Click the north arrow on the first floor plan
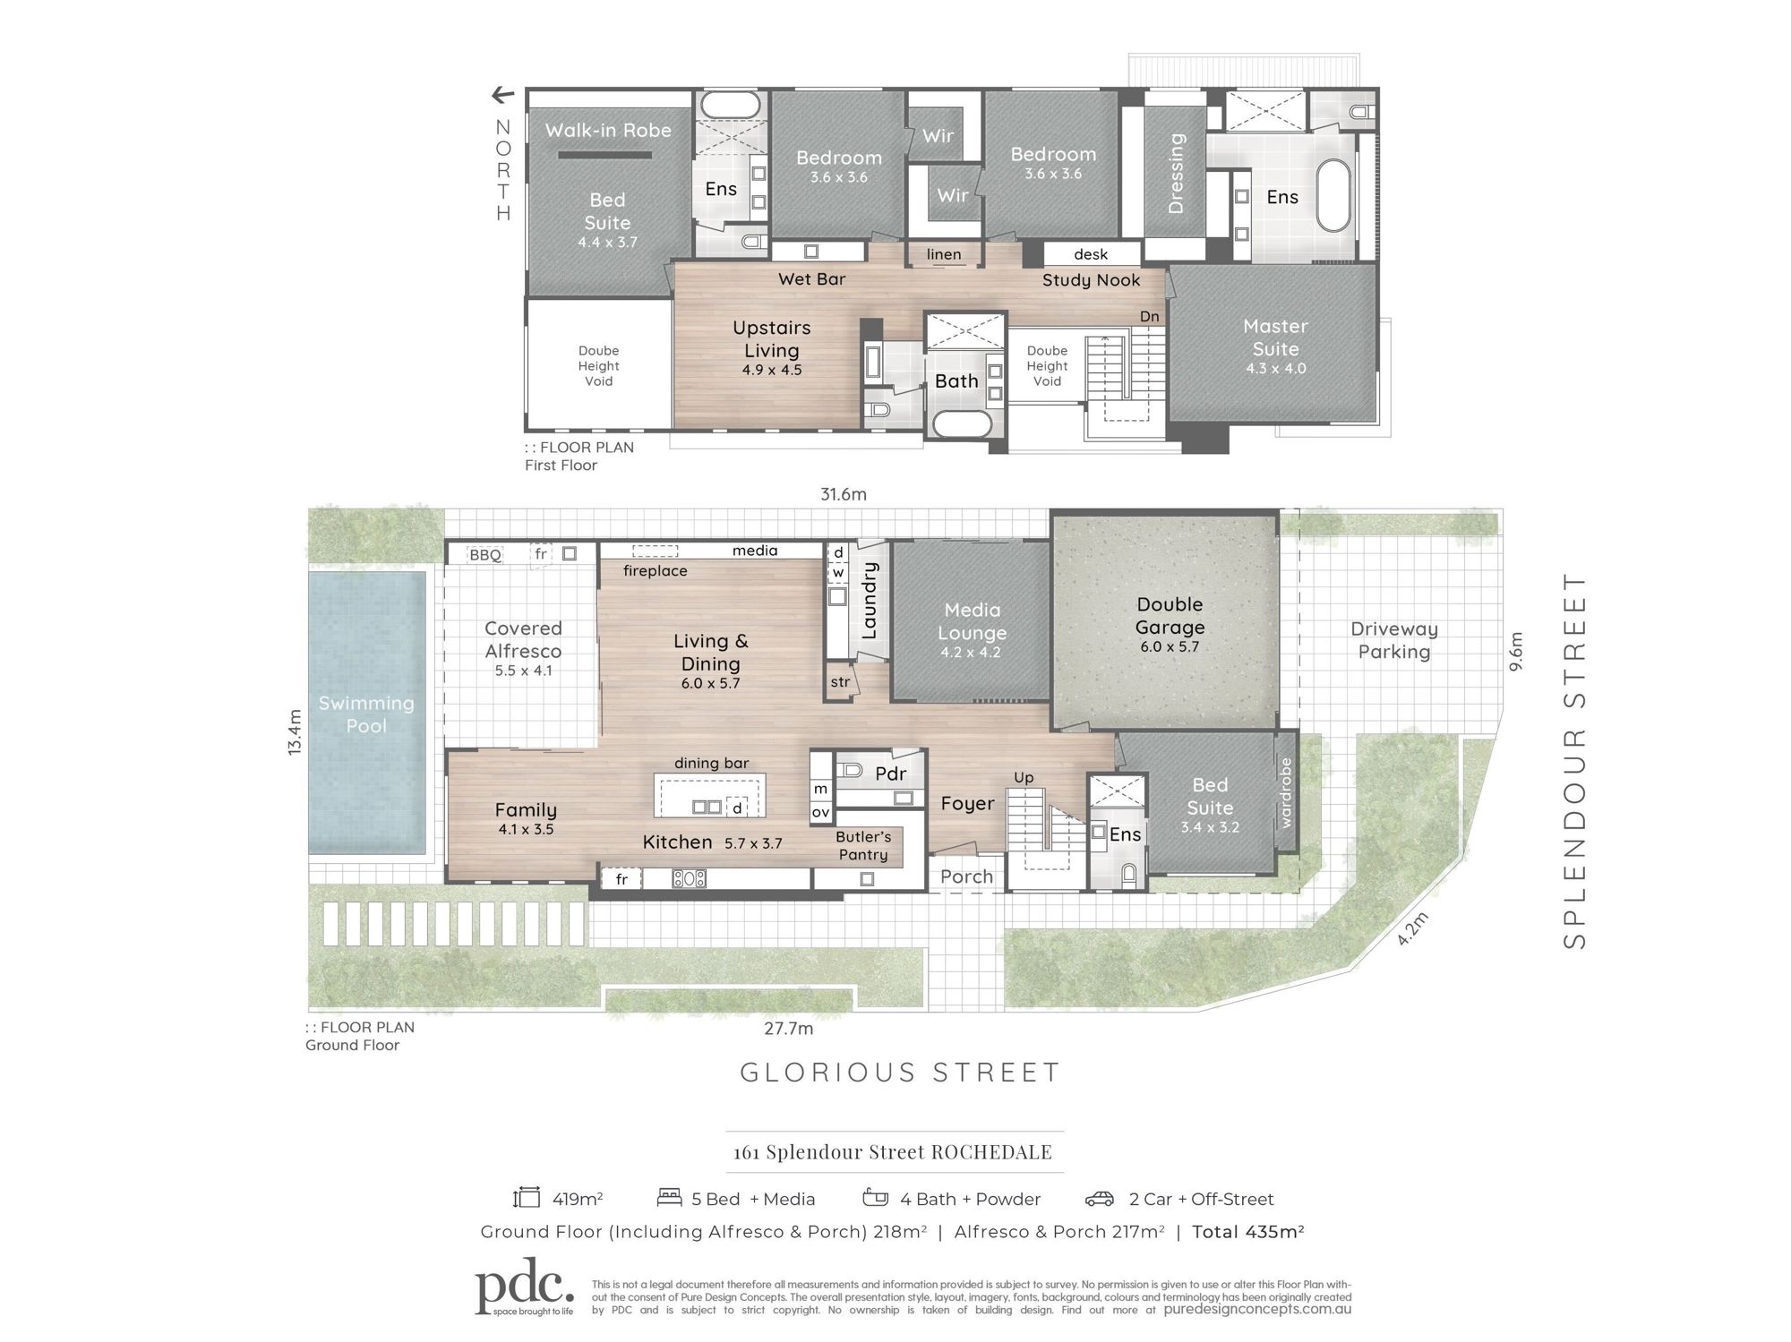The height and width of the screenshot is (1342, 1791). (503, 95)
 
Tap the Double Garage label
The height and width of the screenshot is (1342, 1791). (1170, 616)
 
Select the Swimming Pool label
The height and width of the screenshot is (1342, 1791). (366, 714)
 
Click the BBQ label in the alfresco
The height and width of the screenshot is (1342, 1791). (485, 555)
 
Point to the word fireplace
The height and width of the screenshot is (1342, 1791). (656, 571)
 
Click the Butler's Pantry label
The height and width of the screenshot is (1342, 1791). (863, 846)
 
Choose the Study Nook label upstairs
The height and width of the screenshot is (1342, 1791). (1091, 280)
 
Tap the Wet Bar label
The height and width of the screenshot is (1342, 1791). (811, 279)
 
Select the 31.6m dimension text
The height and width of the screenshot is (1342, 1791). (844, 494)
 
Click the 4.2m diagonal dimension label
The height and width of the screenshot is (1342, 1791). (1412, 928)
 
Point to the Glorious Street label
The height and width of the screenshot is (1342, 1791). (900, 1073)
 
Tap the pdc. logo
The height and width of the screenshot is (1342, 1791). (525, 1286)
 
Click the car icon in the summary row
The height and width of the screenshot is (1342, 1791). (1100, 1199)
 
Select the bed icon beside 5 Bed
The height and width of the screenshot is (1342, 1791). (669, 1198)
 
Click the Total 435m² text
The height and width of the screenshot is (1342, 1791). (1248, 1232)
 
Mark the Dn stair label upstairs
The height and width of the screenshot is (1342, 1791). (1150, 316)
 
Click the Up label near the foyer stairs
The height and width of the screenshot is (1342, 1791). (1024, 778)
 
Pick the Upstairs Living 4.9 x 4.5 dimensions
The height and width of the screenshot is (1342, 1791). (772, 370)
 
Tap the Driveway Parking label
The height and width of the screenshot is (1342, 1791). (1394, 640)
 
